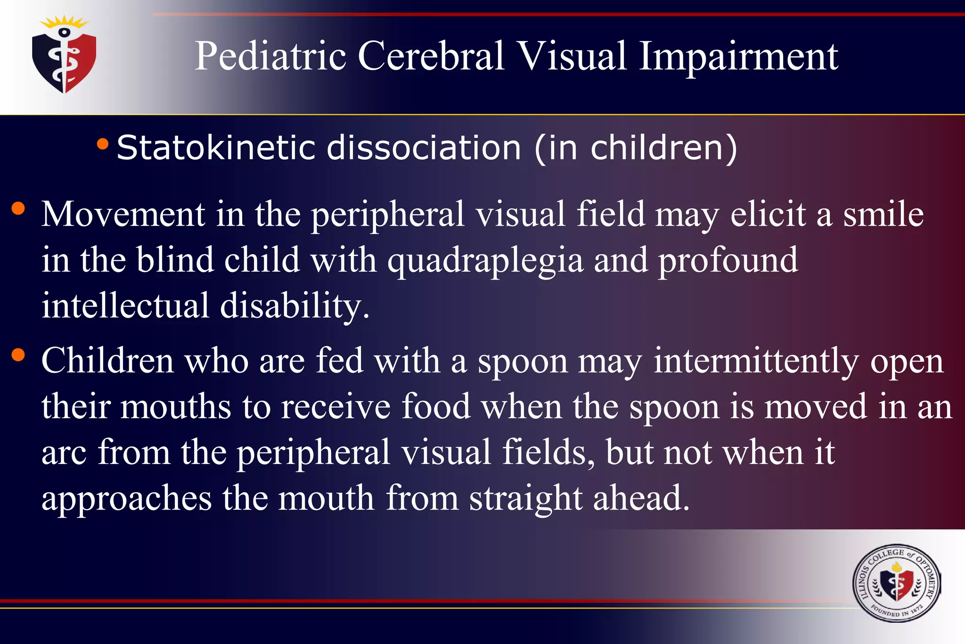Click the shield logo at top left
(x=64, y=57)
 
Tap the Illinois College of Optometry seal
(x=896, y=584)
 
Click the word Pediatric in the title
(x=270, y=57)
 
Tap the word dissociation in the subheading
(x=424, y=148)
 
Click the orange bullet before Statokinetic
(x=102, y=144)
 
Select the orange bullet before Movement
(x=18, y=208)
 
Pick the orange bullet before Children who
(x=18, y=355)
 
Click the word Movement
(x=123, y=215)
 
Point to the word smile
(x=883, y=215)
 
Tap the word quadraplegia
(x=485, y=261)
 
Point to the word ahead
(x=641, y=498)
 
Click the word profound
(x=728, y=261)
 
